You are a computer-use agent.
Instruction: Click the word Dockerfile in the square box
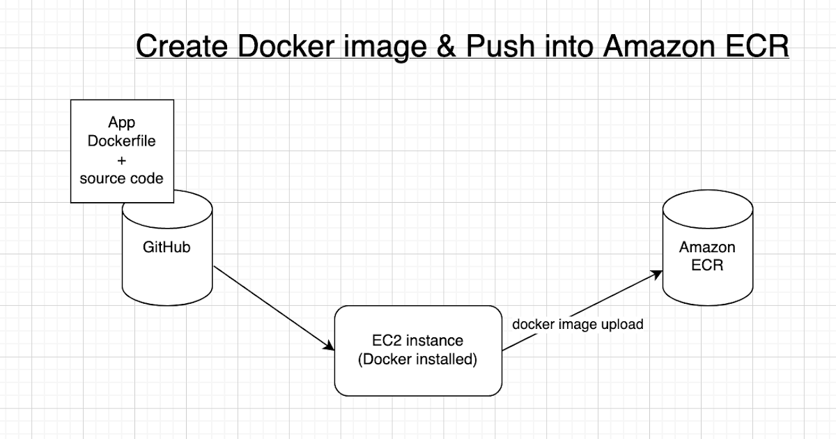121,141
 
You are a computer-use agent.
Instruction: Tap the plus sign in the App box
121,160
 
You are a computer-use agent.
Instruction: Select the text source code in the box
121,178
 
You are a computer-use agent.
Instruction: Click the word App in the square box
121,123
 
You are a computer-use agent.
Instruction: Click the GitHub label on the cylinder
167,247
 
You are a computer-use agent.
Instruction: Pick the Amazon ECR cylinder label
707,256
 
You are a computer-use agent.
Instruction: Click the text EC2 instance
417,341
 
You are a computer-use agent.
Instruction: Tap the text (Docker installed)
417,360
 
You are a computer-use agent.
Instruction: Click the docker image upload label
578,324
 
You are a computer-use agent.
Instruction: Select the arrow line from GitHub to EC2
272,307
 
